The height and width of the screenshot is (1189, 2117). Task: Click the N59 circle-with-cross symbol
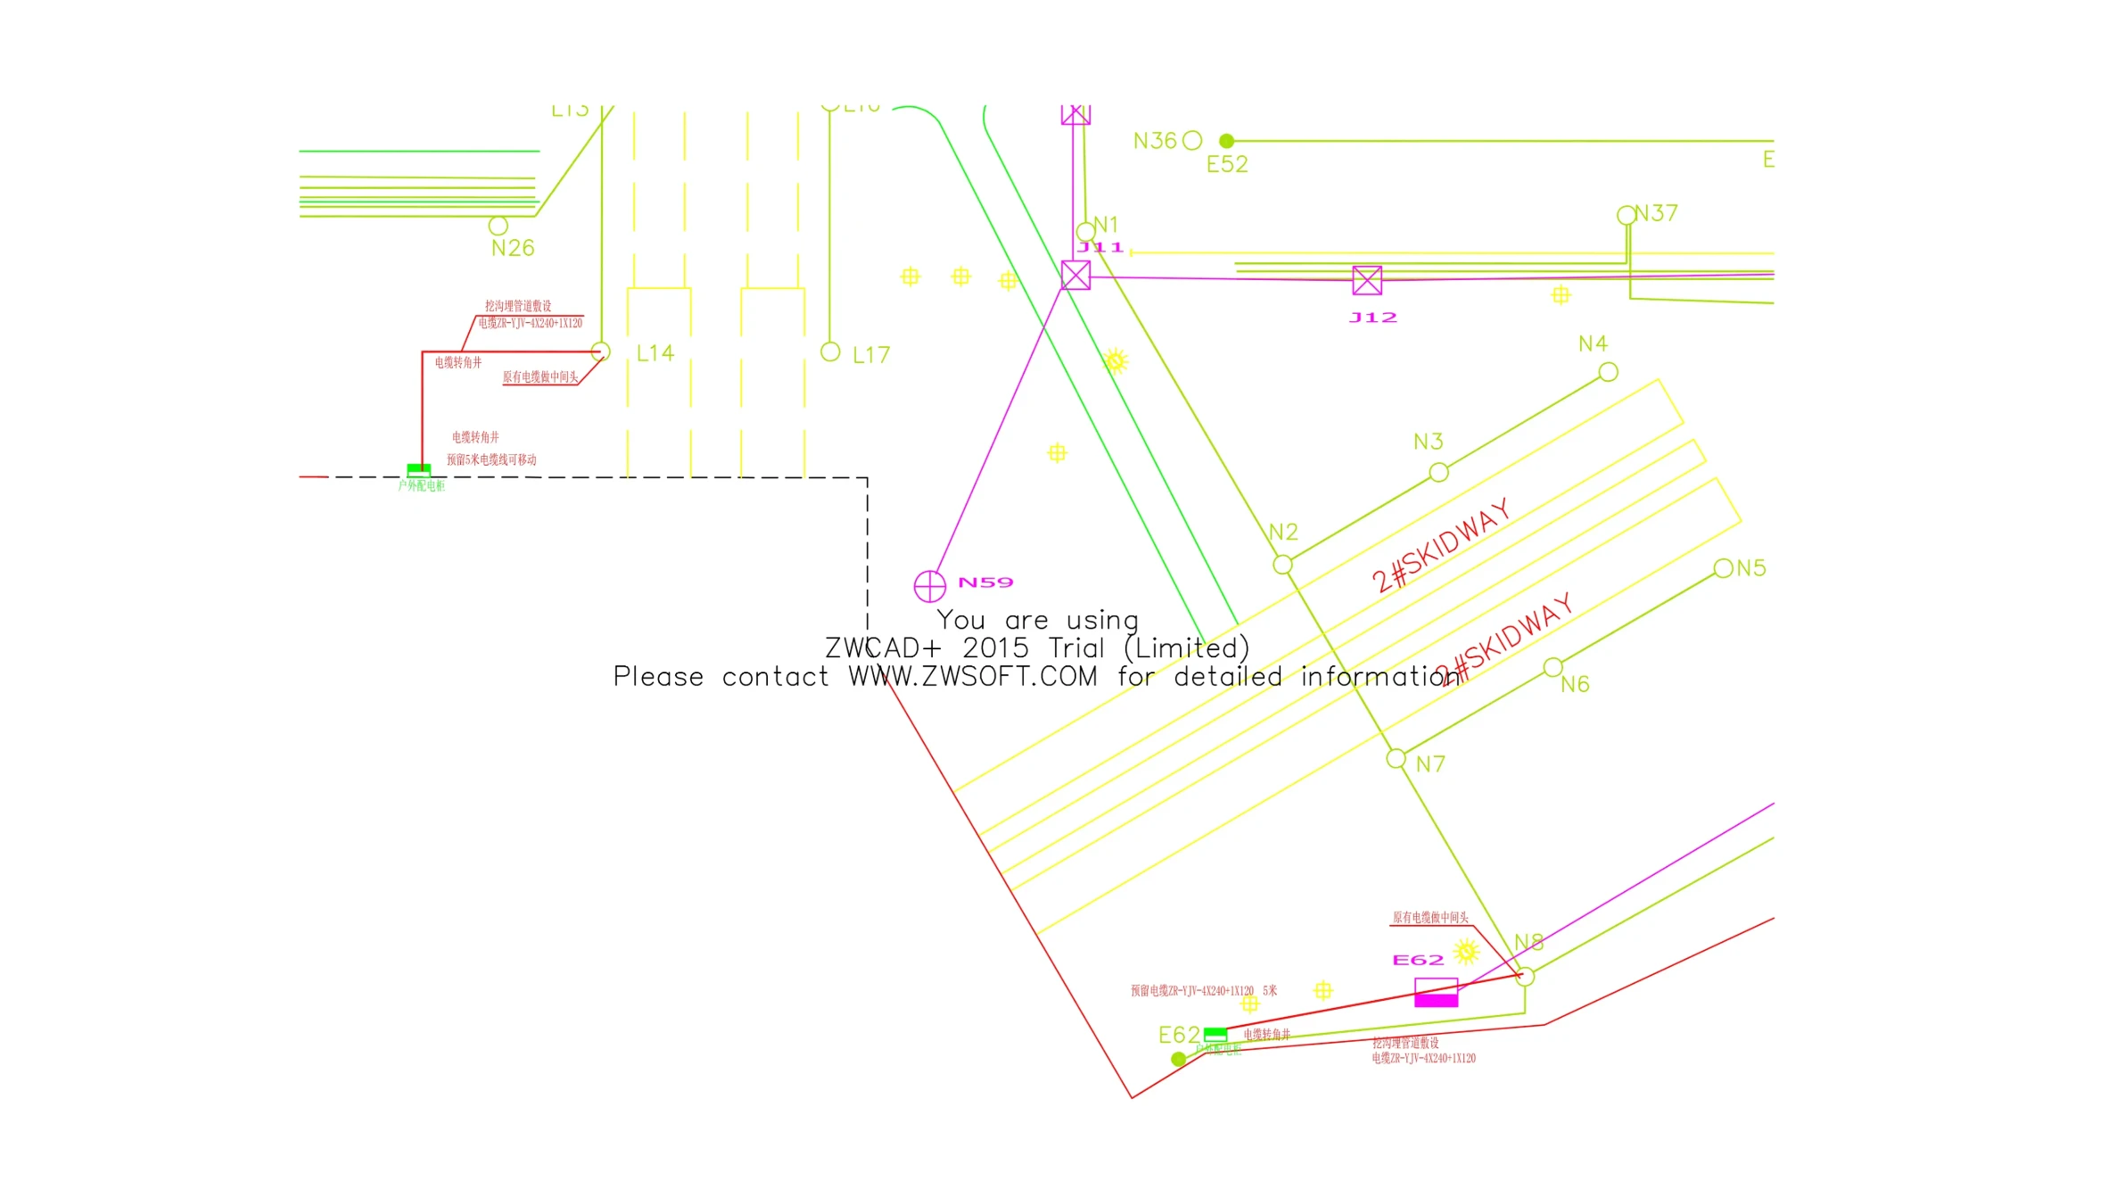click(929, 586)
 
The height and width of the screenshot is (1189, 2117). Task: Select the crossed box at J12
click(1366, 280)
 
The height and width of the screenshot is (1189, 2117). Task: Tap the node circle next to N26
click(498, 226)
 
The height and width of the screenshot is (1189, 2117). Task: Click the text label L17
click(870, 355)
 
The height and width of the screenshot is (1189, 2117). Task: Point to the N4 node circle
click(1608, 372)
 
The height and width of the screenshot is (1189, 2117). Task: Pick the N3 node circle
click(1438, 473)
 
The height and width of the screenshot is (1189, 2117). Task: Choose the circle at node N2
click(1282, 565)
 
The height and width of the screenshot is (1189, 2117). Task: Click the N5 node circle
click(1723, 568)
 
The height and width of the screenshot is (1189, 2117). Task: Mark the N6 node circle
click(1553, 667)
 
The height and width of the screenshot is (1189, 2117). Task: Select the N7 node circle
click(1396, 759)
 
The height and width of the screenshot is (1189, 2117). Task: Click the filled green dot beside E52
click(1227, 141)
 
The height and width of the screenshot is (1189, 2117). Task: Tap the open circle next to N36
click(1192, 141)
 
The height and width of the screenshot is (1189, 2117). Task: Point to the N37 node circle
click(1627, 215)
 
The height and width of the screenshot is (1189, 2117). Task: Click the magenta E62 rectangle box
click(1436, 992)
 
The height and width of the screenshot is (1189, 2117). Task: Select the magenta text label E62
click(1418, 960)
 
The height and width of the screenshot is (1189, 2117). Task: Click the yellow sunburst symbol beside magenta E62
click(1466, 952)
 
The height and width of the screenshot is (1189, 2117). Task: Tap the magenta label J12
click(1372, 318)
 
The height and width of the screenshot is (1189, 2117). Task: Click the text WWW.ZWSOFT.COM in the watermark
click(972, 677)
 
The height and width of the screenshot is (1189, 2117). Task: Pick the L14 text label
click(655, 353)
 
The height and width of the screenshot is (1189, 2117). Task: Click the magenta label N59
click(985, 582)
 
